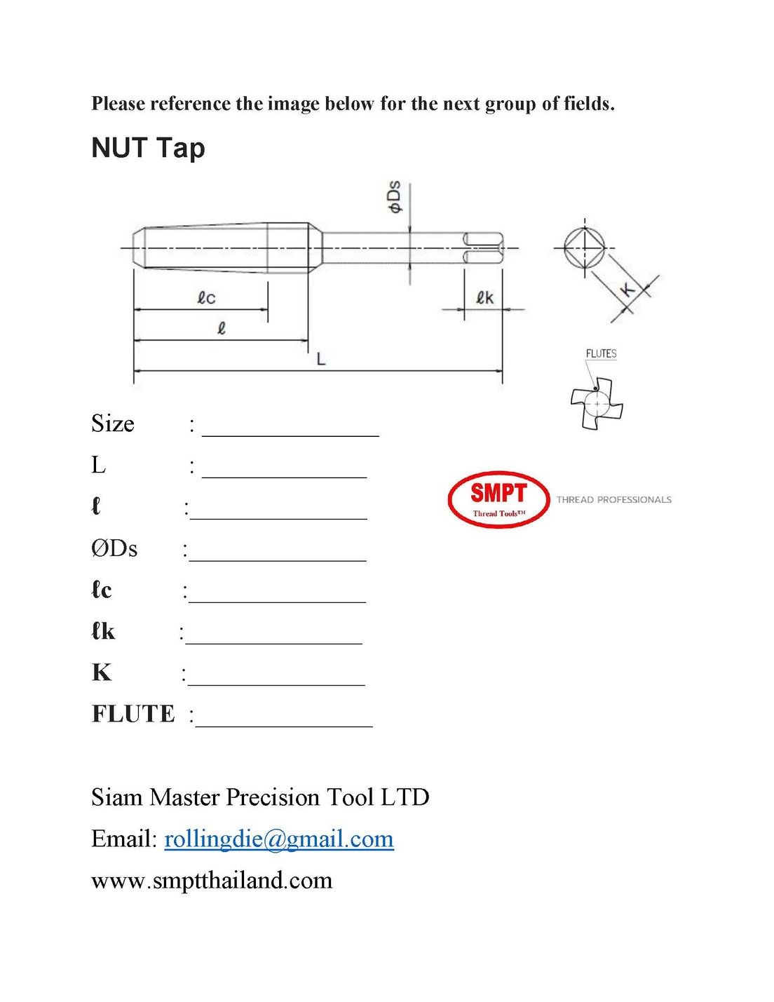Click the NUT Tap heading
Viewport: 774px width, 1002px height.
coord(148,148)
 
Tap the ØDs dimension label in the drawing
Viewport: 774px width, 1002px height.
coord(395,196)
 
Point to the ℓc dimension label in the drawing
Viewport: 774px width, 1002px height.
coord(205,298)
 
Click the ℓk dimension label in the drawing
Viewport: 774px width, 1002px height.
coord(484,298)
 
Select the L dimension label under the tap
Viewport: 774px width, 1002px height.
coord(321,359)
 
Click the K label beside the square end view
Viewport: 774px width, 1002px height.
coord(628,289)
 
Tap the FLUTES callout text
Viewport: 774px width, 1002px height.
coord(601,353)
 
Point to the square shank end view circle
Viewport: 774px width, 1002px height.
coord(585,248)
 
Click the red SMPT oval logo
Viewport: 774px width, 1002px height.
coord(498,499)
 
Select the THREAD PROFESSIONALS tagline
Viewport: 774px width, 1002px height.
coord(614,500)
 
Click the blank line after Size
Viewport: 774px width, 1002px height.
coord(290,429)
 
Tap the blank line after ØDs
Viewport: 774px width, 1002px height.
coord(278,554)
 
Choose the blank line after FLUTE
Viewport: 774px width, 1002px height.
coord(285,720)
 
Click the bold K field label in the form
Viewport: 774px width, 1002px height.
coord(102,672)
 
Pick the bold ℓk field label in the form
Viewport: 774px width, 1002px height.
coord(103,631)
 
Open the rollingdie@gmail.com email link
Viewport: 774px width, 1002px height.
coord(279,839)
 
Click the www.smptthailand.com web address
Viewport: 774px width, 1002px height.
coord(212,880)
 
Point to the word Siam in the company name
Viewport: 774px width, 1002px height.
coord(117,797)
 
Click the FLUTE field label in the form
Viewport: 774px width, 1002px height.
coord(133,714)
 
